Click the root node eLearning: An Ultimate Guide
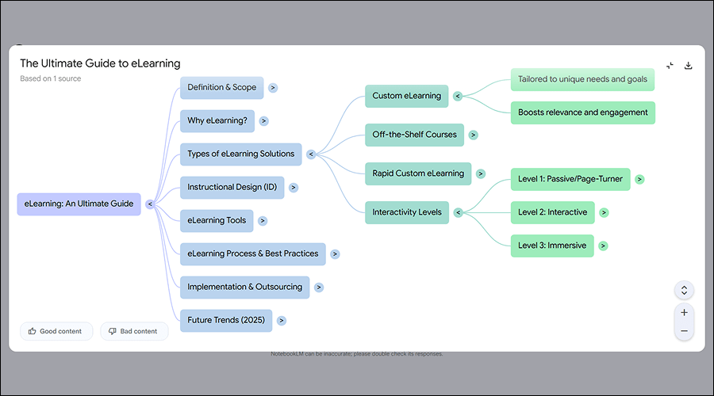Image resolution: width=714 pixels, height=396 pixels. click(79, 204)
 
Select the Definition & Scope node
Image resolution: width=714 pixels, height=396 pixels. click(221, 88)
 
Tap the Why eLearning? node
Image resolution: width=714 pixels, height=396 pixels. click(217, 121)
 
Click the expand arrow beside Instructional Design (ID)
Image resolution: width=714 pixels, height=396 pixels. click(294, 188)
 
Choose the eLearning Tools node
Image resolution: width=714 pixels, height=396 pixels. click(217, 221)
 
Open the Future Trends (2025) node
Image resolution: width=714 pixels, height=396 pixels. click(226, 321)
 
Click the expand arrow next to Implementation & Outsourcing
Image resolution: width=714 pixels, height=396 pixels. click(319, 287)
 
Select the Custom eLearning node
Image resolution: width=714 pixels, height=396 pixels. click(406, 97)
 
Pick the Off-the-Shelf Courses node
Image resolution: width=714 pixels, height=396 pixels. click(414, 135)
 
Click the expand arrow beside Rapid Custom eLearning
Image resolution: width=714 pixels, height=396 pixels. click(481, 173)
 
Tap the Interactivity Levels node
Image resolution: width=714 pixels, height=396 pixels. click(406, 211)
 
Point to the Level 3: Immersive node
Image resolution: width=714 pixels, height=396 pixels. click(551, 246)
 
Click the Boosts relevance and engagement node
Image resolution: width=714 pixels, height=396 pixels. click(582, 112)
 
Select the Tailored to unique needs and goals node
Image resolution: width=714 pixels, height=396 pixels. click(582, 79)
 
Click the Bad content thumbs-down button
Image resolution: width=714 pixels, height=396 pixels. click(133, 331)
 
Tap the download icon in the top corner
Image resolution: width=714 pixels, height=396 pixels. click(689, 66)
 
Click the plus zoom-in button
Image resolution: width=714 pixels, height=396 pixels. click(684, 312)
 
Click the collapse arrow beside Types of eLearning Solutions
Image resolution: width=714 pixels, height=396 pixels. click(311, 154)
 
